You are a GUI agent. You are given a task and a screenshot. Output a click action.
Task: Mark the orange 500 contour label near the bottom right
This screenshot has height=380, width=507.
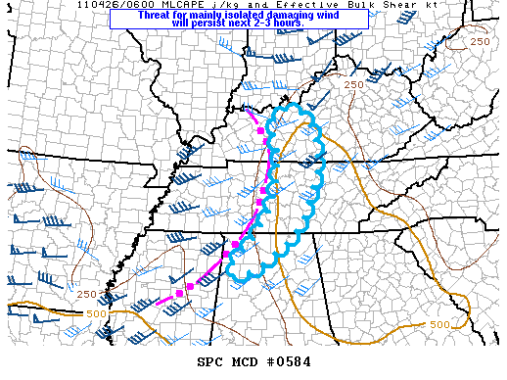click(x=439, y=324)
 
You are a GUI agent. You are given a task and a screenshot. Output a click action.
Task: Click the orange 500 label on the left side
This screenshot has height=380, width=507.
click(x=96, y=313)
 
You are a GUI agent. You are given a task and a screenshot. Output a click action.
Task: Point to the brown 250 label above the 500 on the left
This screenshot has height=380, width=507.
click(x=86, y=295)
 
